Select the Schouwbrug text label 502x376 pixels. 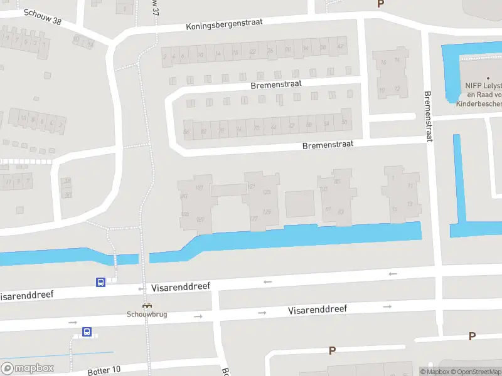[147, 314]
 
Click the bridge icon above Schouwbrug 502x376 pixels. [147, 306]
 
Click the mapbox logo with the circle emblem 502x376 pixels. [28, 368]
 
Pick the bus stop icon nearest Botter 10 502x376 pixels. [87, 332]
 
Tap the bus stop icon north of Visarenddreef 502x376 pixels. [100, 282]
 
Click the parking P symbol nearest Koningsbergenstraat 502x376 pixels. [380, 4]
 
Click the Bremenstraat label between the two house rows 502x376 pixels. [276, 84]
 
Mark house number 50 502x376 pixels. [344, 122]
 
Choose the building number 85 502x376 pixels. [338, 182]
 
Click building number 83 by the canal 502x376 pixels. [341, 211]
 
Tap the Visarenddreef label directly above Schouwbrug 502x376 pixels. [181, 287]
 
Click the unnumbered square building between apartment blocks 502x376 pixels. [300, 204]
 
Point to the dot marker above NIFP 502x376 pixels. [488, 77]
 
